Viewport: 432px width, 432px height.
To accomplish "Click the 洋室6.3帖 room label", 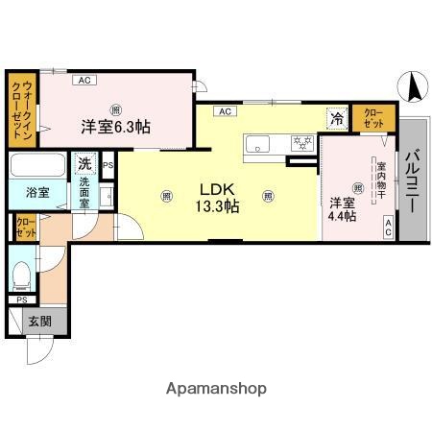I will tap(114, 126).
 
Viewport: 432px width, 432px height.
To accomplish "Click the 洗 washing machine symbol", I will tap(85, 163).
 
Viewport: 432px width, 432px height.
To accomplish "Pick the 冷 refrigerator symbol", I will tap(336, 119).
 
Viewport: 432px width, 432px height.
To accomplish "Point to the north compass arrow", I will tap(416, 88).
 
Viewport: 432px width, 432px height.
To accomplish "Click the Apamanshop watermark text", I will tap(216, 389).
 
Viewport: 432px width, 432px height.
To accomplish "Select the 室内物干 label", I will tap(380, 180).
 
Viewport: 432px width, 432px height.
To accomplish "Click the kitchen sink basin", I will tap(260, 144).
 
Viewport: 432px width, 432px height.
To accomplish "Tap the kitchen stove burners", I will tap(302, 144).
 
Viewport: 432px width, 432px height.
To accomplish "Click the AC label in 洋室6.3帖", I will tap(84, 80).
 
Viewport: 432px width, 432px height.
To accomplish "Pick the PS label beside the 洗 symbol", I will tap(108, 164).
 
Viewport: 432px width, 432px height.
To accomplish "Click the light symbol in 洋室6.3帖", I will tap(114, 108).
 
